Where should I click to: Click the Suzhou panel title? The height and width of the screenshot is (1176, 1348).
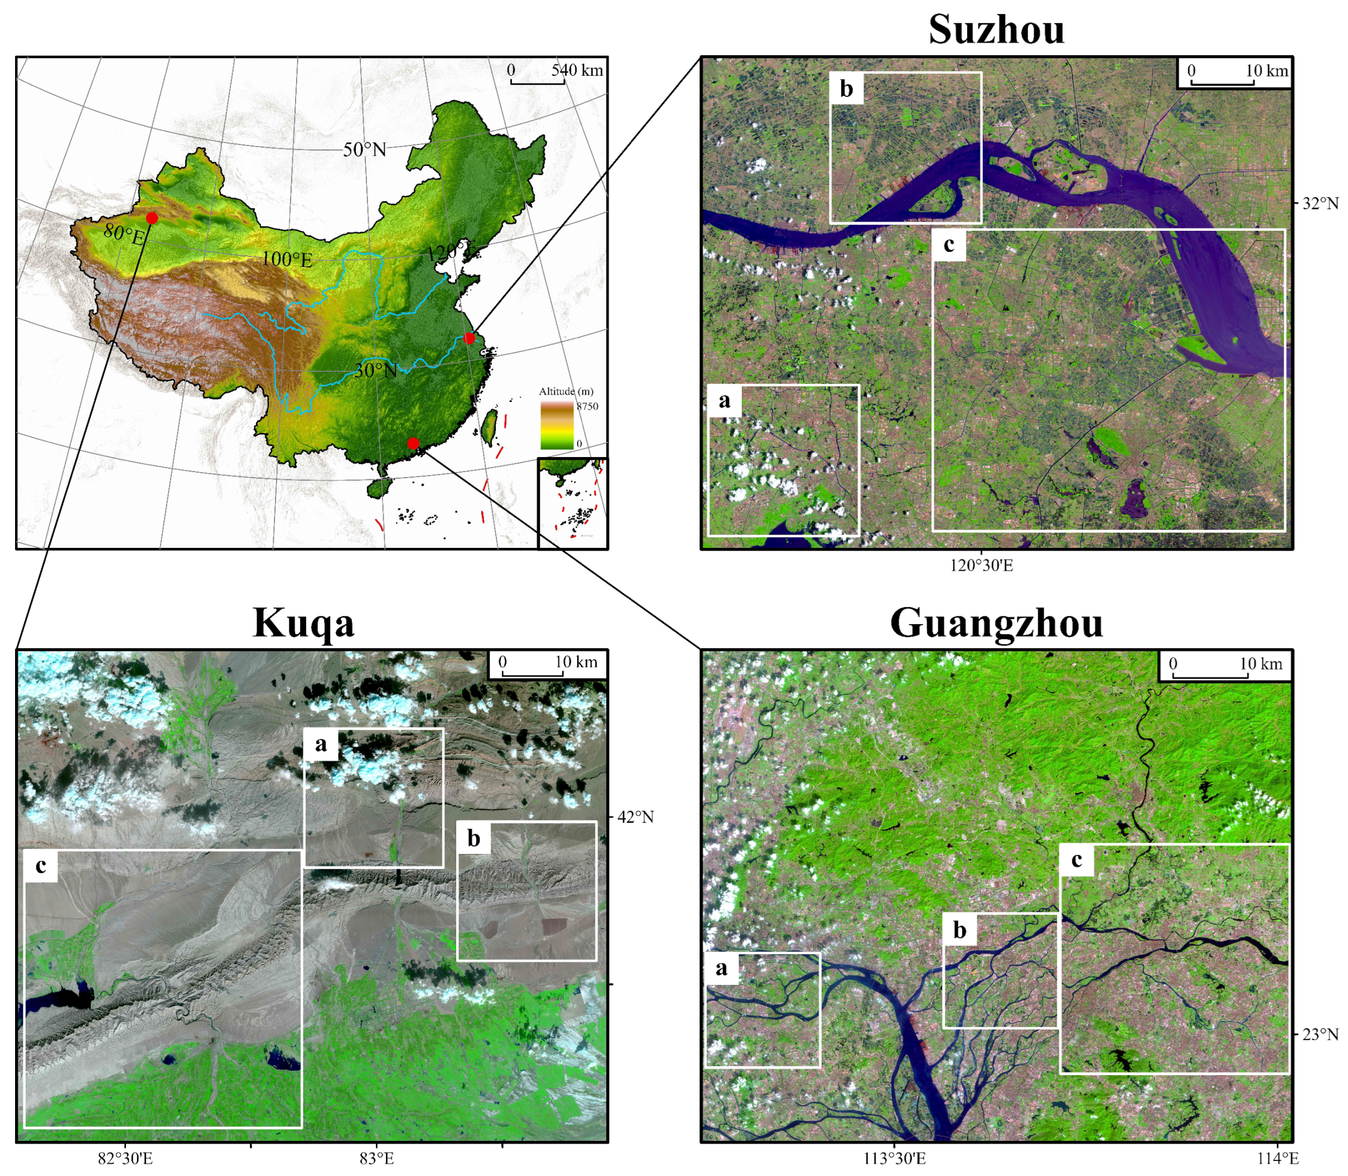coord(996,30)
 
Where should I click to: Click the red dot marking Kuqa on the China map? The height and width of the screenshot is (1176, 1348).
coord(152,218)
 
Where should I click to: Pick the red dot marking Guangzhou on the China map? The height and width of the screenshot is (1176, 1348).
coord(413,443)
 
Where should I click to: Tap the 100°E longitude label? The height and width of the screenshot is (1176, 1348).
coord(287,259)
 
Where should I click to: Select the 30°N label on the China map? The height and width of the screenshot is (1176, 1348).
coord(375,371)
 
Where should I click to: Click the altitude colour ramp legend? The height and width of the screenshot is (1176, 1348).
coord(556,425)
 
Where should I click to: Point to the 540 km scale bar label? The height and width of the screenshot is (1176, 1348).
coord(577,70)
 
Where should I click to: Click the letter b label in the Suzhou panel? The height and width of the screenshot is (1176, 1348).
coord(847,89)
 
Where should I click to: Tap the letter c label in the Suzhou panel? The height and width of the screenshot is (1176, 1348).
coord(949,245)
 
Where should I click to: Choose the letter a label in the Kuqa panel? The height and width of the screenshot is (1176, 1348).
coord(321,744)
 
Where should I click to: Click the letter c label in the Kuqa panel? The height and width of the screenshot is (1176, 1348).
coord(41,866)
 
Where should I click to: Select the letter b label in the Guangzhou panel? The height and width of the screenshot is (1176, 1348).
coord(959,930)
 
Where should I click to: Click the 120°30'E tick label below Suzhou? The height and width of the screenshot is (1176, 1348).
coord(981,566)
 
